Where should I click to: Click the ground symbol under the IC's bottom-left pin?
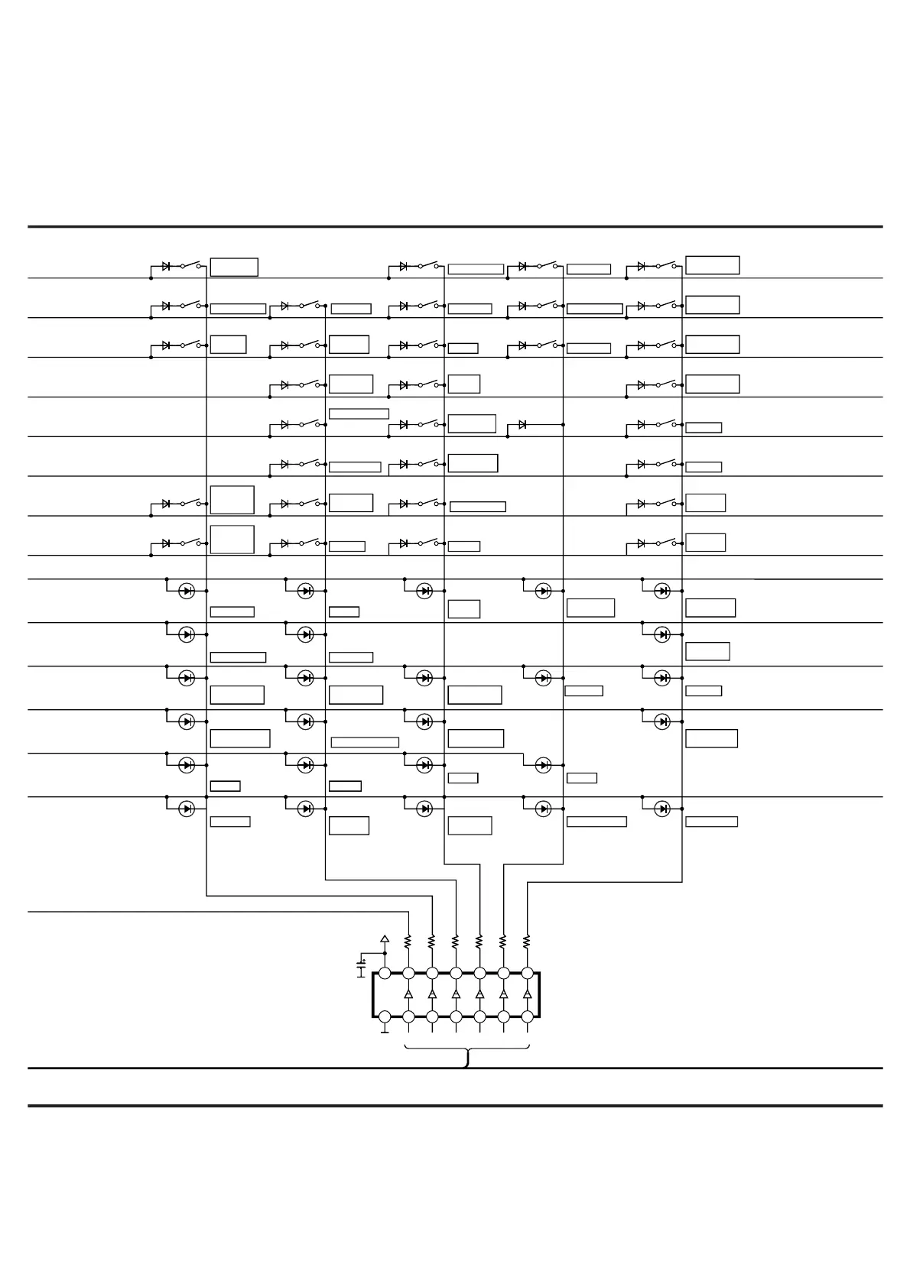385,1031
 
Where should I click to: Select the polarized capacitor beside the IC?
362,966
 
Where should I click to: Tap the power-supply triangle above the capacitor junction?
385,939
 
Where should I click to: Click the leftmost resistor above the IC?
408,941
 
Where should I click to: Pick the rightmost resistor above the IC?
527,941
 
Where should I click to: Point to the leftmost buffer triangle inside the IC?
408,994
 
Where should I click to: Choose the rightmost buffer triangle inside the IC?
527,994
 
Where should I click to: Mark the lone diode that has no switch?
522,424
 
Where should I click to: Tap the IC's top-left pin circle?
385,973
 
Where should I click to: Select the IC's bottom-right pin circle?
527,1016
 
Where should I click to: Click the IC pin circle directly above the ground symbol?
385,1016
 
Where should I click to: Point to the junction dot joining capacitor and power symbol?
385,954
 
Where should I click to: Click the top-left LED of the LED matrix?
186,591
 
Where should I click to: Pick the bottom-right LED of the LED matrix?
662,809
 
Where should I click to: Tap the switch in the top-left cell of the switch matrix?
191,265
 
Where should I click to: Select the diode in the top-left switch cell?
166,266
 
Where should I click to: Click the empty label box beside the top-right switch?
712,265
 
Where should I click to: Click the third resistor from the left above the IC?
456,941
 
